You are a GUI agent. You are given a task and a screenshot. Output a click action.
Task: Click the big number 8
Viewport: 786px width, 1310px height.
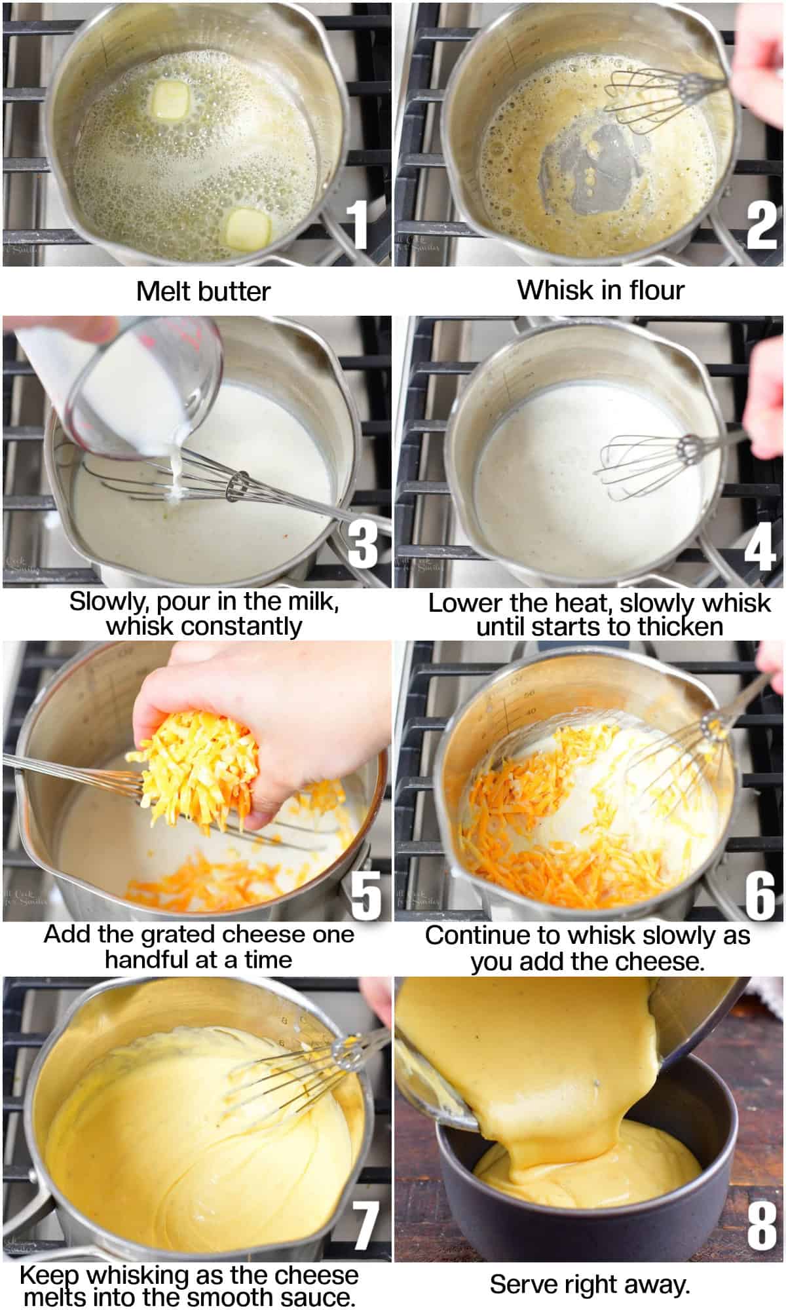pos(761,1223)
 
